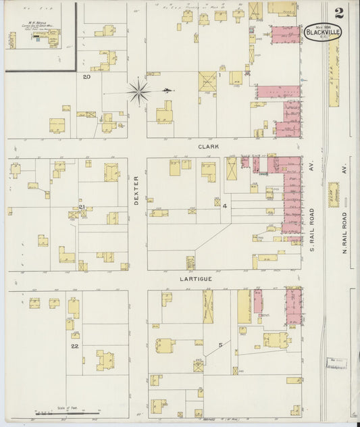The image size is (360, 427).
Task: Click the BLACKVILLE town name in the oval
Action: [x=323, y=31]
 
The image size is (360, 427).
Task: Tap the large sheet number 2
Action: [x=338, y=12]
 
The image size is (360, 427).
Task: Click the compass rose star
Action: [x=138, y=90]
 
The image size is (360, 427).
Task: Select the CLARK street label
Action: [x=206, y=146]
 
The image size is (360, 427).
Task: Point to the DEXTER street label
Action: [x=136, y=191]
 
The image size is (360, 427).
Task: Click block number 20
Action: [x=86, y=76]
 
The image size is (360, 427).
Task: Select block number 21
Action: [x=81, y=207]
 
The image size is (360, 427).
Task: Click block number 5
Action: [x=220, y=345]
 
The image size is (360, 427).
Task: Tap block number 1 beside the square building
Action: [x=220, y=75]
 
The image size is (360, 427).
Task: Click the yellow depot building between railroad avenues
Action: [x=334, y=194]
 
